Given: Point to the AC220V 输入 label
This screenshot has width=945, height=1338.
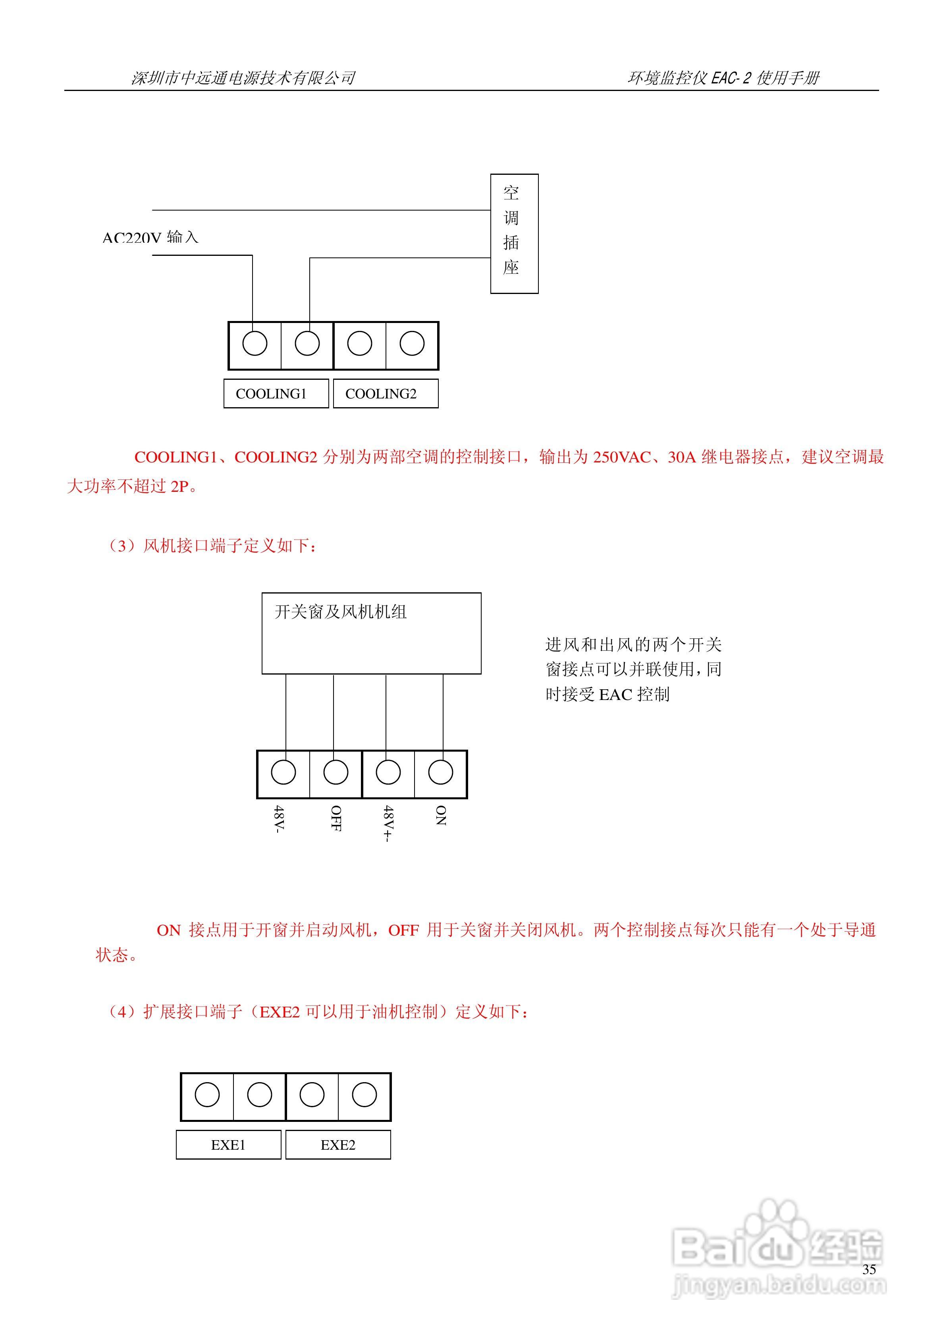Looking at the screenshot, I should click(x=150, y=237).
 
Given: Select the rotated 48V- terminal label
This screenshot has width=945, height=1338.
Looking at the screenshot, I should click(x=279, y=819).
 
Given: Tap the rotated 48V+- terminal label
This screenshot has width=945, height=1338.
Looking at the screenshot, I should click(x=388, y=824).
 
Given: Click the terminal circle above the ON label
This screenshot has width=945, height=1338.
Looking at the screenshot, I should click(x=440, y=772).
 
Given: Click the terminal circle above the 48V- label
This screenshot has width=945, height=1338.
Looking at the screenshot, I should click(x=284, y=772).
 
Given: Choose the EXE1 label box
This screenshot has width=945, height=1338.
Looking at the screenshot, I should click(x=228, y=1145).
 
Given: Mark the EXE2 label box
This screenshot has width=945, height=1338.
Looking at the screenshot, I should click(x=338, y=1145).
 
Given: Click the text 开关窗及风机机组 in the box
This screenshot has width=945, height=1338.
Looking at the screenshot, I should click(x=340, y=611).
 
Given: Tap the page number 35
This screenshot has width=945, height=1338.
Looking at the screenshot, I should click(x=869, y=1269).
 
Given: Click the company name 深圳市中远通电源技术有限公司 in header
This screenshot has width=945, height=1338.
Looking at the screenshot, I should click(x=243, y=77).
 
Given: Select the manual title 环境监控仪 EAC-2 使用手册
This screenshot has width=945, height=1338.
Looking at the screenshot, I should click(x=723, y=77).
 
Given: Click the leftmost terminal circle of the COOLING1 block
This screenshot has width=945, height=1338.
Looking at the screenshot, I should click(x=255, y=343).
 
